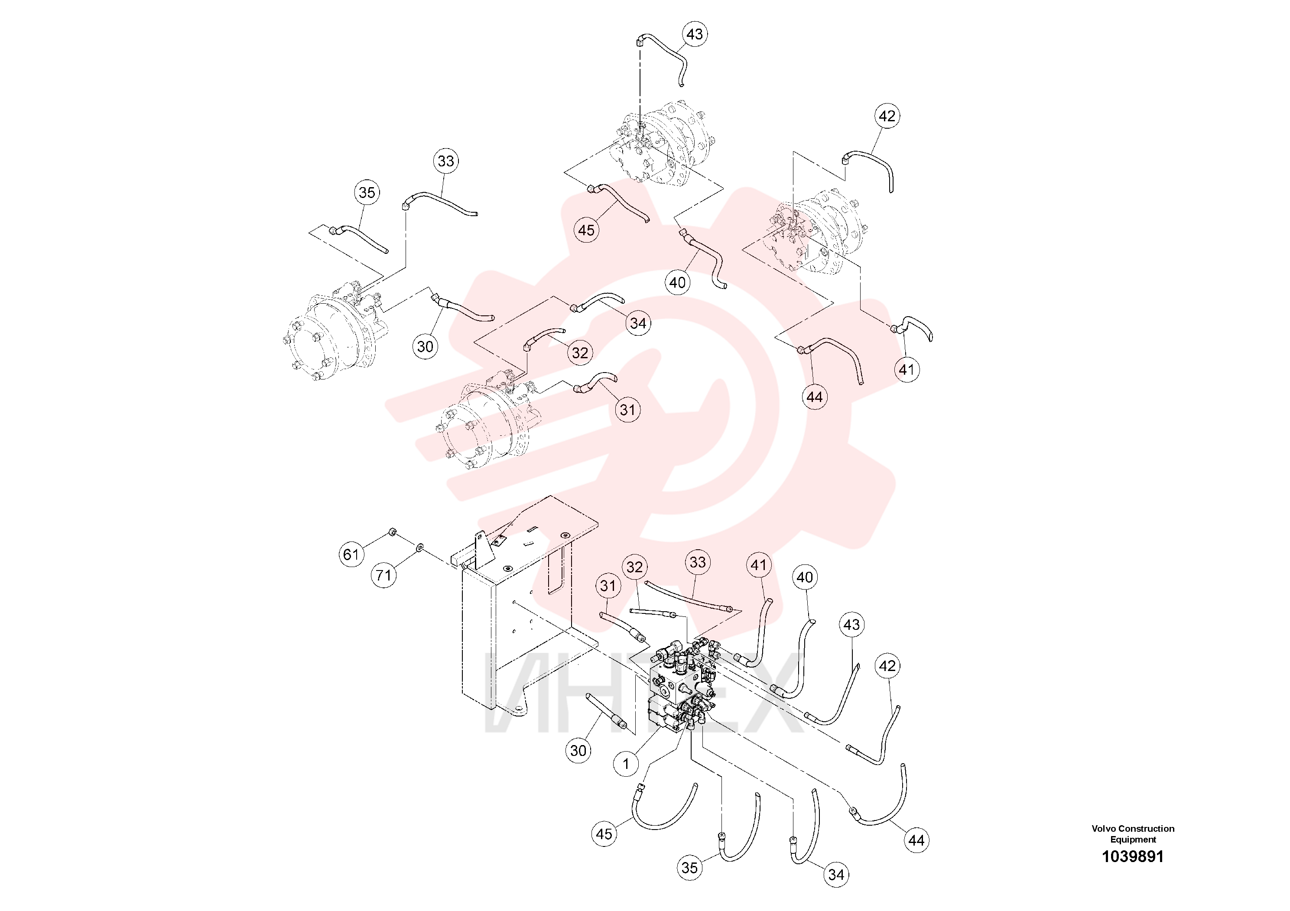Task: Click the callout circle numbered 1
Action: pyautogui.click(x=626, y=763)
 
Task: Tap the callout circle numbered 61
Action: pyautogui.click(x=351, y=554)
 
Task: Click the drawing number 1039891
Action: pyautogui.click(x=1133, y=856)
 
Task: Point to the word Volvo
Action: pyautogui.click(x=1103, y=828)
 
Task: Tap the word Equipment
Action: pyautogui.click(x=1133, y=840)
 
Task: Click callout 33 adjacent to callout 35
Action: pyautogui.click(x=445, y=161)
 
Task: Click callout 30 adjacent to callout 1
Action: pyautogui.click(x=578, y=751)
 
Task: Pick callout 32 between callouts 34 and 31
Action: pyautogui.click(x=580, y=353)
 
